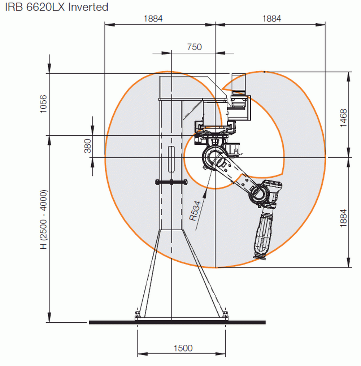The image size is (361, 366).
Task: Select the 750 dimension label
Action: pos(194,47)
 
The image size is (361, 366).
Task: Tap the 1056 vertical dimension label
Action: pos(43,104)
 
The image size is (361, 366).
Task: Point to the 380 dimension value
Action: pos(88,146)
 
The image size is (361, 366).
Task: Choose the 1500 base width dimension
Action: pos(183,348)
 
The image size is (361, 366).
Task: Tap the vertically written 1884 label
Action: pos(343,218)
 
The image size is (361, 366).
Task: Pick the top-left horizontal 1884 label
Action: pos(153,19)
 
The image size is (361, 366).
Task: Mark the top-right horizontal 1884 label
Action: pos(271,19)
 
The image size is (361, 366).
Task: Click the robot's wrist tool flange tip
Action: pos(260,257)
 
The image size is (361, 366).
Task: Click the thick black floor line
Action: pos(177,322)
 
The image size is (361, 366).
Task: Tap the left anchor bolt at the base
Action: pos(137,315)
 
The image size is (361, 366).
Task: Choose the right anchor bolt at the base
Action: pos(225,315)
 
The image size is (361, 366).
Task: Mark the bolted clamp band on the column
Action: pos(171,182)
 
